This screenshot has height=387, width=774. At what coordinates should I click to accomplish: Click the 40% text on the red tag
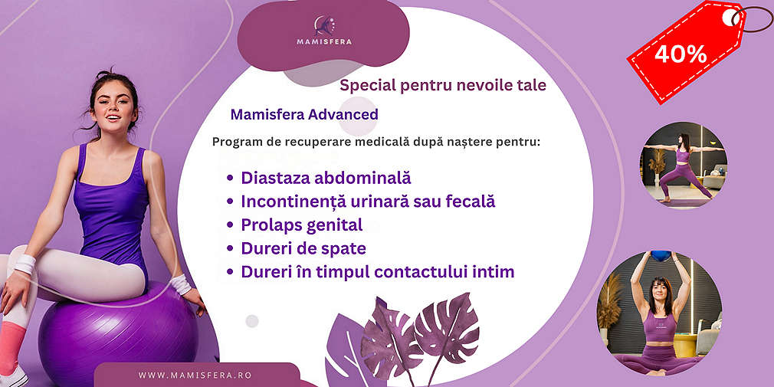[681, 54]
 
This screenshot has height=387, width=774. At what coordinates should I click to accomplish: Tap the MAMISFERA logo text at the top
[324, 42]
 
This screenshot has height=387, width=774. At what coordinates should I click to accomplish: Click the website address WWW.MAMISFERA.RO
[195, 376]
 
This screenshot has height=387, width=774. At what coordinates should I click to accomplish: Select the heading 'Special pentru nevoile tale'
[443, 85]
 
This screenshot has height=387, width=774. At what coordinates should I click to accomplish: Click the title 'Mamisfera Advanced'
[304, 114]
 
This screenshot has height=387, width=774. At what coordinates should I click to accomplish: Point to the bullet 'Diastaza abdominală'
[326, 178]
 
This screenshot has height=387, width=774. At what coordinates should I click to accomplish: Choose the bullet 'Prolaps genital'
[302, 225]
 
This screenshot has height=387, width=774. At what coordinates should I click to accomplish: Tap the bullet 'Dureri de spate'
[303, 248]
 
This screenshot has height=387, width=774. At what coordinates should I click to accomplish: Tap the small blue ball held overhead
[661, 256]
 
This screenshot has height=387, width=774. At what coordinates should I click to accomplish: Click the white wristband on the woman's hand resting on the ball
[181, 284]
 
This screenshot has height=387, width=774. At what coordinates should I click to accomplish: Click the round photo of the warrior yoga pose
[684, 165]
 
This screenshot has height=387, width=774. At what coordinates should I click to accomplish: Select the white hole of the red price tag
[730, 18]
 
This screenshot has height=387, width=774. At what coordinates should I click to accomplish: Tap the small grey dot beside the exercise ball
[252, 321]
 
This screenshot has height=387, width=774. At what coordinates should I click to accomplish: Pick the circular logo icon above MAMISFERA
[324, 25]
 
